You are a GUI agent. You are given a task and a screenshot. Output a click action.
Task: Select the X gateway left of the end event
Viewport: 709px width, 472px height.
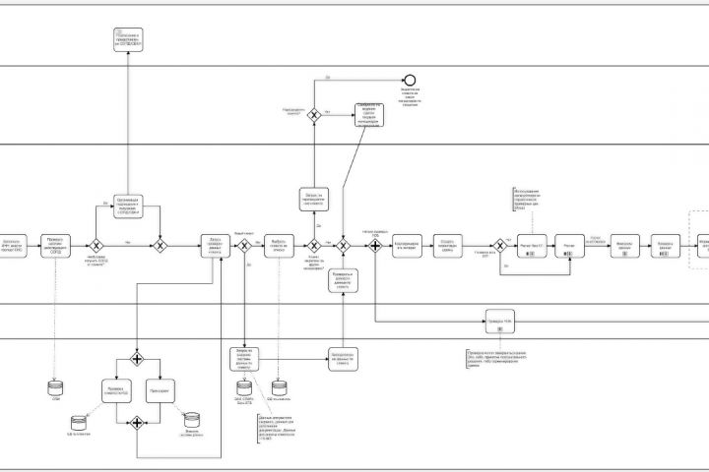pos(314,115)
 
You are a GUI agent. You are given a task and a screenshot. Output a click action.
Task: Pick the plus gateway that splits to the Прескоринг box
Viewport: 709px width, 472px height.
pos(136,358)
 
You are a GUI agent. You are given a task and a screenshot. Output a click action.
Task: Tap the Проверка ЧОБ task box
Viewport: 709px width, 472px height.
pos(500,322)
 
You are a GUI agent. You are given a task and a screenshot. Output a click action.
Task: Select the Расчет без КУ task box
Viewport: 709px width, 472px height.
pos(531,246)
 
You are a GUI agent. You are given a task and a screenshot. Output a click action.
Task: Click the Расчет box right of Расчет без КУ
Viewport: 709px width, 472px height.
pos(568,246)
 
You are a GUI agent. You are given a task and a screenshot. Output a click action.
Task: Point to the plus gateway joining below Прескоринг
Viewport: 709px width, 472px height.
pos(136,424)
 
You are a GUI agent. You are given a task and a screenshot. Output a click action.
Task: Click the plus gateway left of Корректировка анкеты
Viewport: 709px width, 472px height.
pos(375,246)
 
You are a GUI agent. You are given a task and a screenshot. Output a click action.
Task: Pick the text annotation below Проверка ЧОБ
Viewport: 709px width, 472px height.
pos(497,357)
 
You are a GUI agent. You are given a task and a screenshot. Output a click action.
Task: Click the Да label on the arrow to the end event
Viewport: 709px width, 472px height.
pos(327,76)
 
